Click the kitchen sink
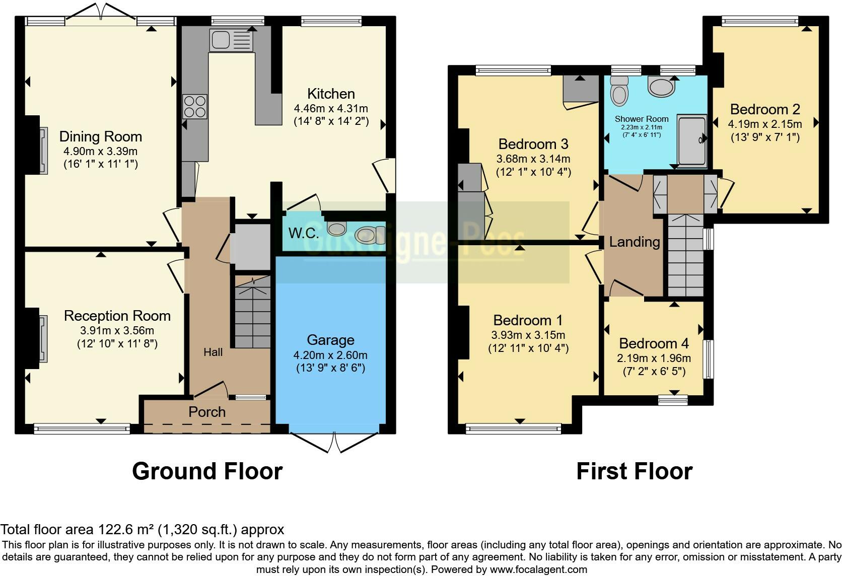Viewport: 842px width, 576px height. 231,41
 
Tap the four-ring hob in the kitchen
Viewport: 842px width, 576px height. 195,107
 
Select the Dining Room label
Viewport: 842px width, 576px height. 101,136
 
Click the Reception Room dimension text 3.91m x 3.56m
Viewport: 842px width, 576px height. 117,331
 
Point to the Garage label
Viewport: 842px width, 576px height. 330,340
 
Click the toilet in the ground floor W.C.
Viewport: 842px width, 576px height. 370,235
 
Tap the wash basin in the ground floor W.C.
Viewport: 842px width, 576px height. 337,228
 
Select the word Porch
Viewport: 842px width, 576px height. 207,412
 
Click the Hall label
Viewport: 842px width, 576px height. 213,352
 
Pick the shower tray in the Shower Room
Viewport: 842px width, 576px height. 691,140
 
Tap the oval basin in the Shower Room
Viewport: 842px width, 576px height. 661,86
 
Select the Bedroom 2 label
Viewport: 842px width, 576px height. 765,109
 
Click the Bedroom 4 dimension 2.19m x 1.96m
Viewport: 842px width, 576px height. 654,358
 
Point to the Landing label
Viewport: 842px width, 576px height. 635,242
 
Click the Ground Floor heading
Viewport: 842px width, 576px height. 207,471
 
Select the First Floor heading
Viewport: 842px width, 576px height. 635,471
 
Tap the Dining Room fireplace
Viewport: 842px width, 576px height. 44,150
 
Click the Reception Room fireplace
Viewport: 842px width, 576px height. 43,339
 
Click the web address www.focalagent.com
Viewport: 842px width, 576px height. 539,569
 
